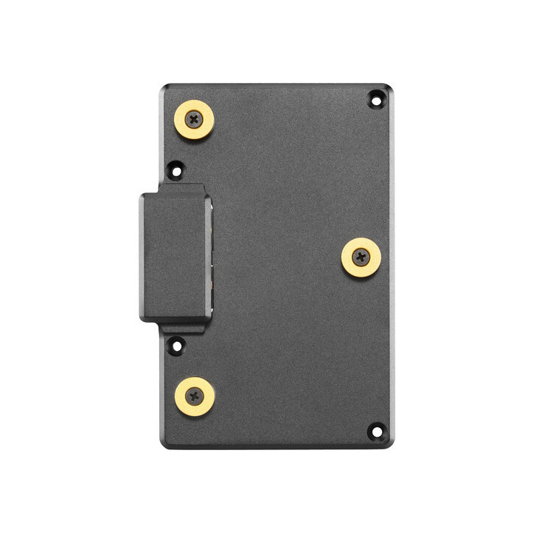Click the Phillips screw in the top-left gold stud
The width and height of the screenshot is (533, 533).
click(194, 118)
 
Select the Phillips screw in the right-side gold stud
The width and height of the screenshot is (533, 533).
click(361, 258)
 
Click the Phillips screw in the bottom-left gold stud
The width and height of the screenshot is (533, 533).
click(195, 396)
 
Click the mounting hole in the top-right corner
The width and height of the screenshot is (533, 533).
click(376, 98)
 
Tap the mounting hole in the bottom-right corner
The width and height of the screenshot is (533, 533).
click(376, 431)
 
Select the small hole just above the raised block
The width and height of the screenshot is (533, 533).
click(175, 170)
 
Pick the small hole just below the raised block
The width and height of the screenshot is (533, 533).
click(176, 344)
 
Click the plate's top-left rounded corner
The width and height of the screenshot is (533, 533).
click(164, 87)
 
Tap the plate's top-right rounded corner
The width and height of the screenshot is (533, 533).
click(389, 87)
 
